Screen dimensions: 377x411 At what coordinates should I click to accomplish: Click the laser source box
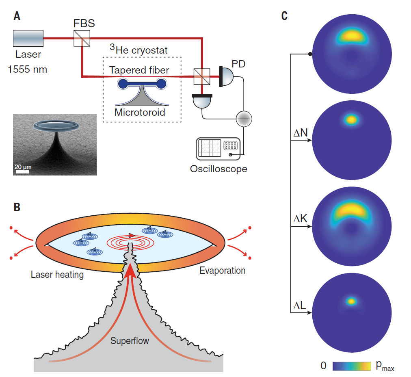pos(28,39)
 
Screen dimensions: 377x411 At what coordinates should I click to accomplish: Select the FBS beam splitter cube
pos(82,39)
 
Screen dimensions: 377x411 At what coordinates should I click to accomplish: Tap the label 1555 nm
pos(28,69)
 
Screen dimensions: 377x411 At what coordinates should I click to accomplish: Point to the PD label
pos(238,64)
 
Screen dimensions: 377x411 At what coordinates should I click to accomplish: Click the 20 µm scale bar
pos(23,171)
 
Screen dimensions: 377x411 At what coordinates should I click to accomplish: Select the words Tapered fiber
pos(139,70)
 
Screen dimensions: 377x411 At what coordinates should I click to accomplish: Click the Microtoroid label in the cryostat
pos(140,113)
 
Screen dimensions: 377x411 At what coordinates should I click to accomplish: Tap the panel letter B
pos(17,207)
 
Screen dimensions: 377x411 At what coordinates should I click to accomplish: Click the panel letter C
pos(284,16)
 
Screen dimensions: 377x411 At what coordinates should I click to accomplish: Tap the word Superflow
pos(130,340)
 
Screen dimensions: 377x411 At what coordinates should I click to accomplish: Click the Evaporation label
pos(222,271)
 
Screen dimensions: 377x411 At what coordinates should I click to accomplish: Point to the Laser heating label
pos(57,275)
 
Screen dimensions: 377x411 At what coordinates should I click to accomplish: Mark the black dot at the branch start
pos(310,54)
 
